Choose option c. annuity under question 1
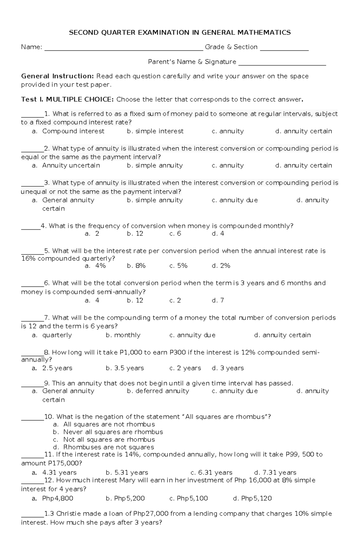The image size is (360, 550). pyautogui.click(x=228, y=131)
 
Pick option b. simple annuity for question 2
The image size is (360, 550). pyautogui.click(x=155, y=165)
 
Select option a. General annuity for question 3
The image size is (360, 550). pyautogui.click(x=63, y=200)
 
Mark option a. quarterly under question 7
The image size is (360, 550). pyautogui.click(x=52, y=335)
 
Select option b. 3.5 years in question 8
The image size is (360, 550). pyautogui.click(x=125, y=368)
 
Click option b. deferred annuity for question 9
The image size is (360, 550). pyautogui.click(x=158, y=391)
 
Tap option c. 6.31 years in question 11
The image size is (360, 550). pyautogui.click(x=211, y=473)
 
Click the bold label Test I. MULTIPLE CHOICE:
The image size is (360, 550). pyautogui.click(x=67, y=100)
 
